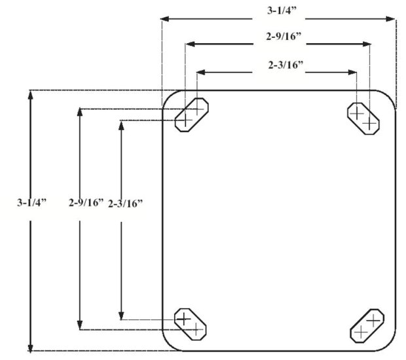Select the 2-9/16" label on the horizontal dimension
click(281, 37)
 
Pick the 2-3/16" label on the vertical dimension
click(125, 203)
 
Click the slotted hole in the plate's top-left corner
click(191, 115)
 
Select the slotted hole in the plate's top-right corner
click(363, 118)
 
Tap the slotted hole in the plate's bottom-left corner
click(191, 324)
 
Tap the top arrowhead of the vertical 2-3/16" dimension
click(121, 125)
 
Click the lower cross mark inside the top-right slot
click(370, 124)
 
